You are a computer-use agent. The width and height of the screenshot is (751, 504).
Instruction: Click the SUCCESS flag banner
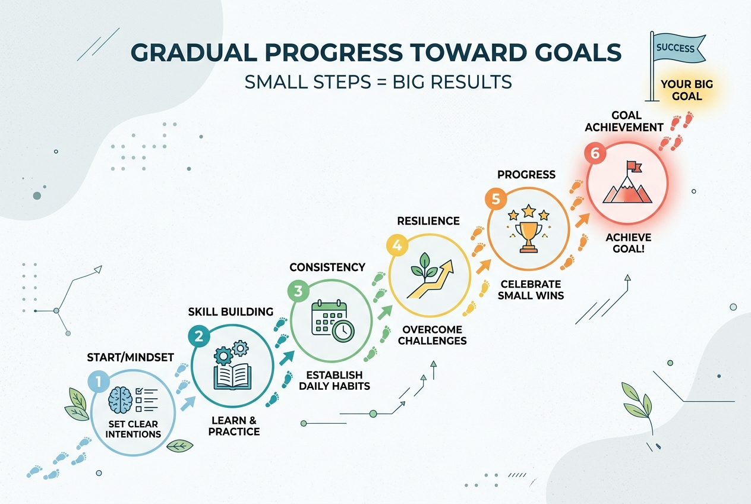click(677, 49)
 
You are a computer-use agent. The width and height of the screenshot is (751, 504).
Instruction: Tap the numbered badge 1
click(99, 382)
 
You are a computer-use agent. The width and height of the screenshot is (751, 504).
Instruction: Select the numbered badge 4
click(397, 245)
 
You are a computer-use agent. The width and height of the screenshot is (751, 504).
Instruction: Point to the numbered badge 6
click(595, 153)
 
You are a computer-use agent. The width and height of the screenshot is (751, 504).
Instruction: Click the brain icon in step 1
click(120, 399)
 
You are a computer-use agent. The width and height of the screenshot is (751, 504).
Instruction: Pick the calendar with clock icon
click(333, 321)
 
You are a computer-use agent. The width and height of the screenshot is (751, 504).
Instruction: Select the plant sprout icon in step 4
click(424, 267)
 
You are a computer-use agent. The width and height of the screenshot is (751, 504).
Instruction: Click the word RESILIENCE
click(428, 221)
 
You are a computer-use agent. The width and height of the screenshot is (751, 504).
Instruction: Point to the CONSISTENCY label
click(327, 267)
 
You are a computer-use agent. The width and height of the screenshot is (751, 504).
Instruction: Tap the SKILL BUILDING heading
click(231, 312)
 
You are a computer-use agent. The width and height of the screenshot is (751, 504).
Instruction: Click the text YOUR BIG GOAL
click(687, 90)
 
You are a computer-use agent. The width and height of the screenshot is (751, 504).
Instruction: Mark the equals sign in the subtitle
click(381, 82)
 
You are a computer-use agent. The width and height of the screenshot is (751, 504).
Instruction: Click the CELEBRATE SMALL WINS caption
click(531, 289)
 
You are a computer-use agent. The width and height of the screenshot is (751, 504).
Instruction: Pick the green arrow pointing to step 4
click(384, 313)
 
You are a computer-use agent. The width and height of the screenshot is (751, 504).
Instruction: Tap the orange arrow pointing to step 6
click(582, 220)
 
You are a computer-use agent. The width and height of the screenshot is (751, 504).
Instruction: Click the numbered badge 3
click(298, 291)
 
